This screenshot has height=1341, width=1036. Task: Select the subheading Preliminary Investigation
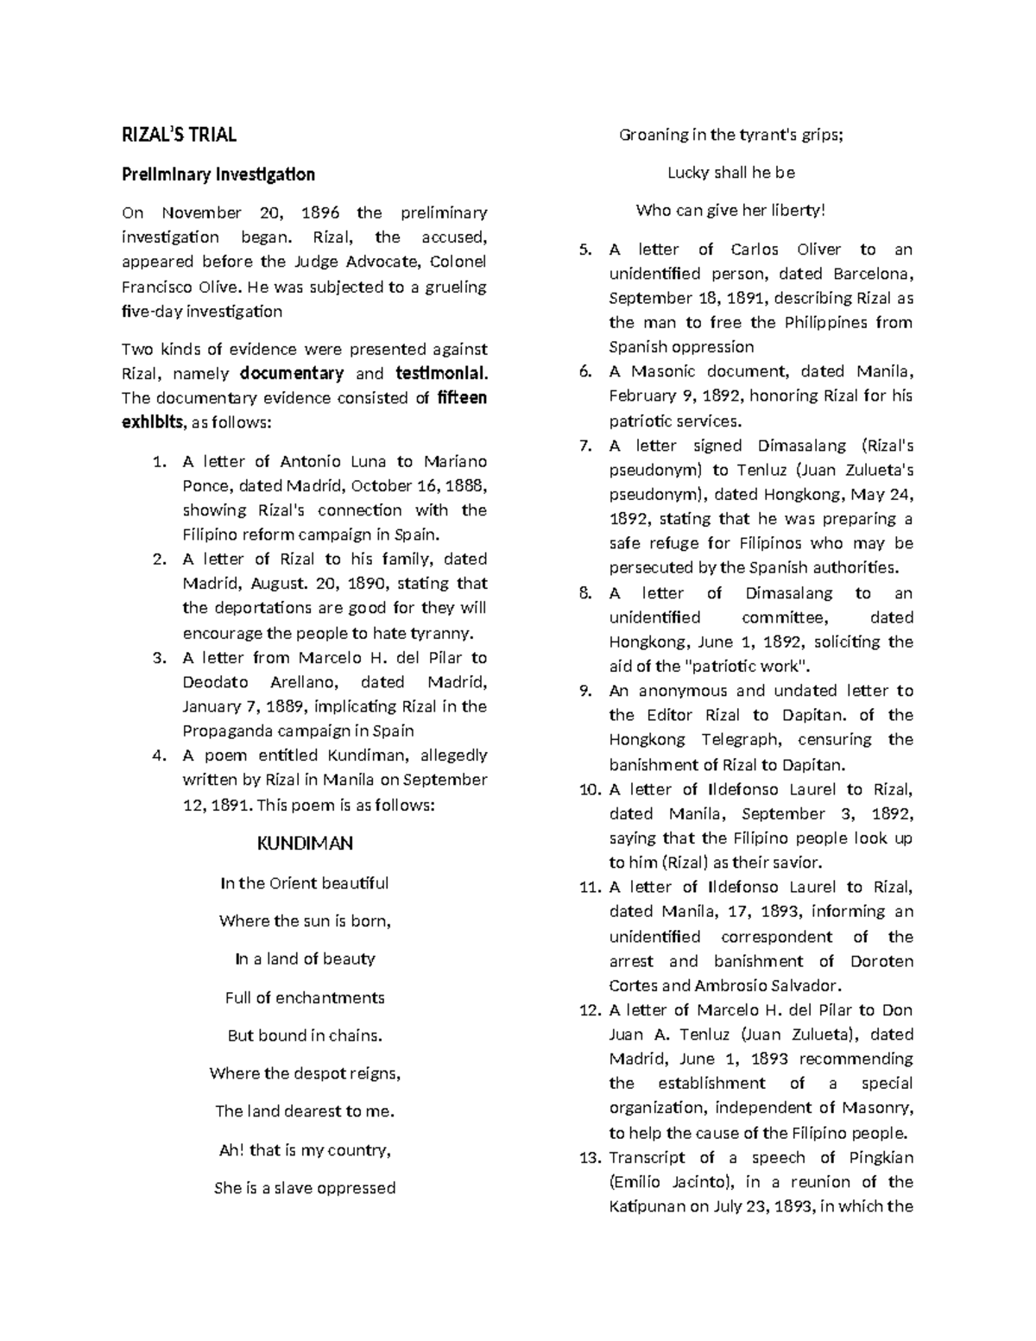[x=218, y=174]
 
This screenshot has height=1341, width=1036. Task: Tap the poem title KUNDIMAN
[x=305, y=843]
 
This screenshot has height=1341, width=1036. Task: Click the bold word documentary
[x=292, y=374]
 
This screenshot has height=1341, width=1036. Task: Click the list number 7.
[x=585, y=446]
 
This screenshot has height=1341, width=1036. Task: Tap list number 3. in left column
[x=159, y=658]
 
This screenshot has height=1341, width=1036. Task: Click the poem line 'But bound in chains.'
[x=305, y=1035]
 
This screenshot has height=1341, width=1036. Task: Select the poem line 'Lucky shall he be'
[x=731, y=173]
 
